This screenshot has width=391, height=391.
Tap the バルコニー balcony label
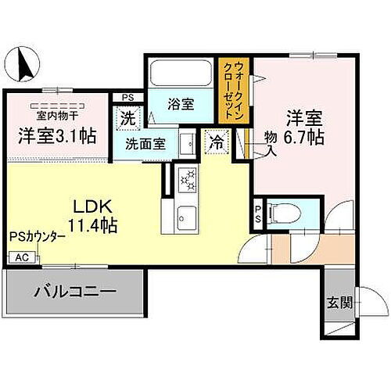click(74, 294)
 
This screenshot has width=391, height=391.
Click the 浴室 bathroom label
click(185, 103)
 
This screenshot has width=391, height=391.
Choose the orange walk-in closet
click(234, 90)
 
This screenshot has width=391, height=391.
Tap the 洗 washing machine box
click(127, 119)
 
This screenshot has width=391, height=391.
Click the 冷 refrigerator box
click(215, 142)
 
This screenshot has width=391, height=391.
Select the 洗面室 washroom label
click(146, 145)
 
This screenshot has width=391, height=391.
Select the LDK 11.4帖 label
click(95, 216)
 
